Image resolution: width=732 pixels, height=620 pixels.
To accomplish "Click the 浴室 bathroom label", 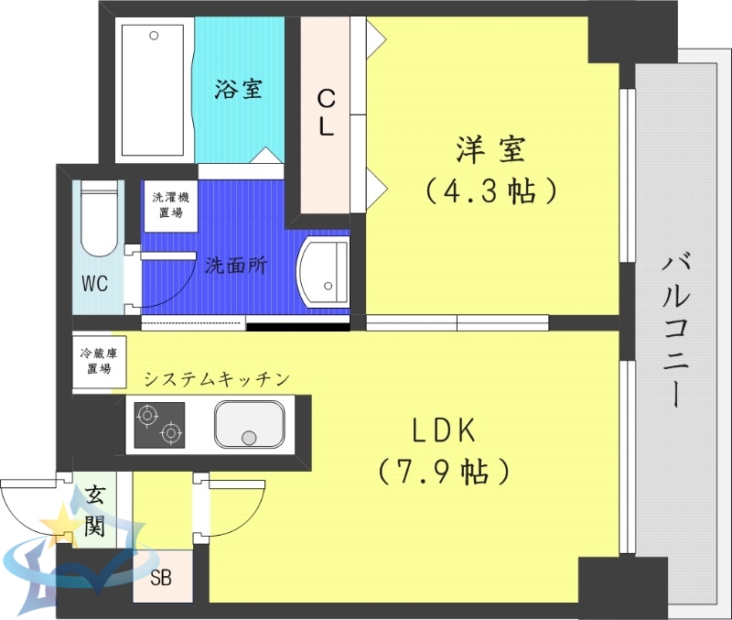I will pos(239,89).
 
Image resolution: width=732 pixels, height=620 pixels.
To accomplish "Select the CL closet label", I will pos(325,113).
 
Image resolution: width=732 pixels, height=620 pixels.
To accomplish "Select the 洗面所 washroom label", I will pos(236,266).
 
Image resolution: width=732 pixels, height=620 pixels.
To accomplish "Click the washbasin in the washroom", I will pos(324,271).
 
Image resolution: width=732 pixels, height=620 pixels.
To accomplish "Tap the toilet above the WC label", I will pos(98,223).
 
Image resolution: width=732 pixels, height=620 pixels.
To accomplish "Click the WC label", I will pos(95,284).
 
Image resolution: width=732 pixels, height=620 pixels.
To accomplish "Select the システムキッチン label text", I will pos(217,378).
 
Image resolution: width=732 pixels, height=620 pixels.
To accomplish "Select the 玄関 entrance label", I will pos(94,512).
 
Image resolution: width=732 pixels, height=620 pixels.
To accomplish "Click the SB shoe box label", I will pos(161,579).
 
